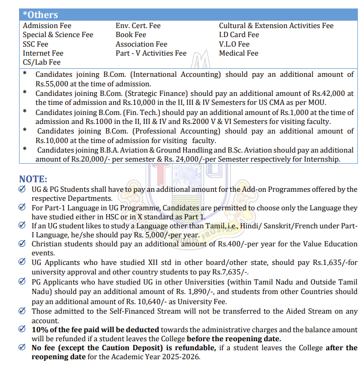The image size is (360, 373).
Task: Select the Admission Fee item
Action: pos(47,25)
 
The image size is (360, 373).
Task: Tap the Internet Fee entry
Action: pos(43,53)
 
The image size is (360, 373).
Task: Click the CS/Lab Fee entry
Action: pos(41,62)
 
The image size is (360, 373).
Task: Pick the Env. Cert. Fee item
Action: pos(138,25)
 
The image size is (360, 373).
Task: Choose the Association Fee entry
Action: pos(141,44)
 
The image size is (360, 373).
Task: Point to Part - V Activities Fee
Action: pos(151,53)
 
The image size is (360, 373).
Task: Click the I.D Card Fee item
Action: pos(239,35)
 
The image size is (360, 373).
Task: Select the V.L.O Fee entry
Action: pos(234,44)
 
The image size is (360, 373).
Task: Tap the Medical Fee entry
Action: pos(238,53)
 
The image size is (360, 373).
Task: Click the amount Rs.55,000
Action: pos(53,84)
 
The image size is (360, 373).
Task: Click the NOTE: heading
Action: pos(33,179)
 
